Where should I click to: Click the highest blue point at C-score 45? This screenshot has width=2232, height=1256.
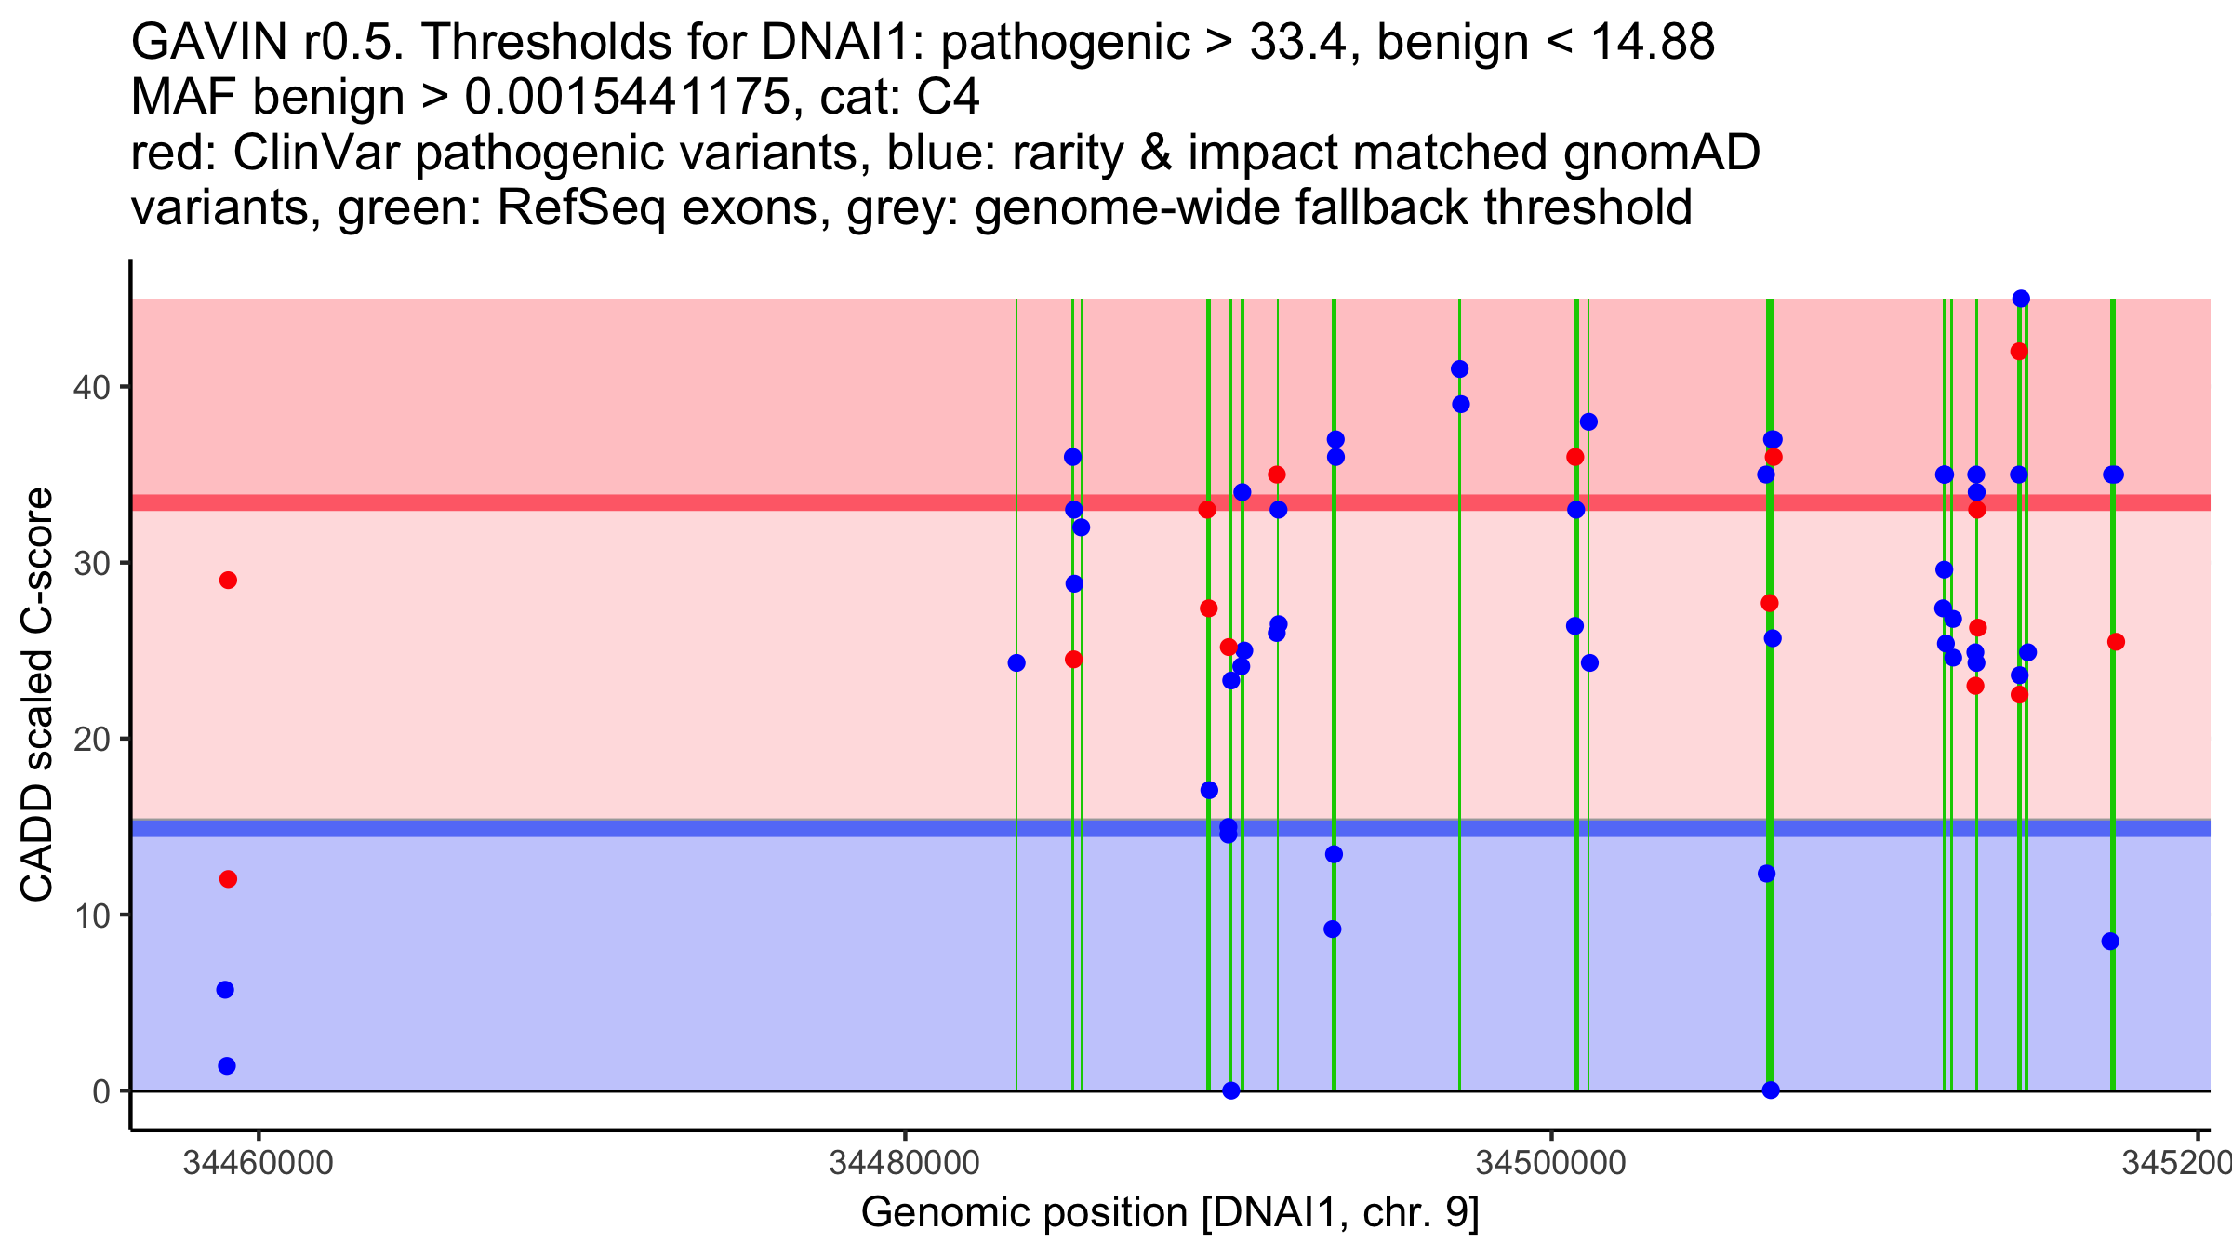[x=2021, y=299]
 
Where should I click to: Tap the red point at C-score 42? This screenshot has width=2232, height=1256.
[x=2019, y=352]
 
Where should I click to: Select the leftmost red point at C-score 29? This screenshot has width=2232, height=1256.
[x=228, y=581]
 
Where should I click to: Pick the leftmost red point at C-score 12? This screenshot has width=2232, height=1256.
[x=228, y=879]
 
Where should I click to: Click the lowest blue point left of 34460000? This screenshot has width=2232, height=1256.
[x=227, y=1066]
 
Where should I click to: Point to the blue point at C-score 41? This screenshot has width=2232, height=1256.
[x=1459, y=369]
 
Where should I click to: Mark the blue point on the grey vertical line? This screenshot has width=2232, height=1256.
[x=1016, y=663]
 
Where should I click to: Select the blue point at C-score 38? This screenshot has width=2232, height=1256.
[x=1588, y=422]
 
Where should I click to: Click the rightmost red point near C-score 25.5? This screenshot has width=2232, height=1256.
[x=2116, y=642]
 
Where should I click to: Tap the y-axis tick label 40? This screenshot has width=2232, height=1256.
[x=91, y=387]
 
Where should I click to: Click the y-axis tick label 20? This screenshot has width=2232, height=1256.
[x=91, y=740]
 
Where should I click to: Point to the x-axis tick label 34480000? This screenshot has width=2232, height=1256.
[x=904, y=1164]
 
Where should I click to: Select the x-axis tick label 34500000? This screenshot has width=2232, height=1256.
[x=1550, y=1164]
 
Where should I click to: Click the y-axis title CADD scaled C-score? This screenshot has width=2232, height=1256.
[x=37, y=695]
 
